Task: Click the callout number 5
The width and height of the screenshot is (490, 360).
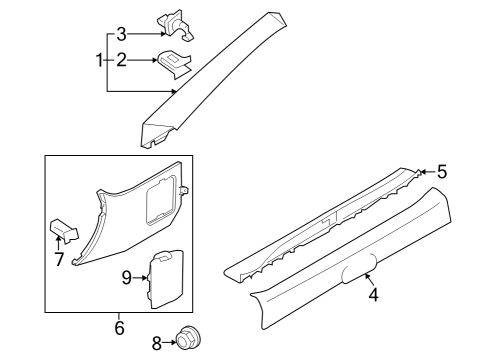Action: (442, 171)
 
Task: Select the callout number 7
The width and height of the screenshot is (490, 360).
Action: (58, 260)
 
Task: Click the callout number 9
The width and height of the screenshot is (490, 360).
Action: (127, 277)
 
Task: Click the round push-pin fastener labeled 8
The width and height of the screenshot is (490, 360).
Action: (184, 342)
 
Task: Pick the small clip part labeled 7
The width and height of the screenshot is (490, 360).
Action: (62, 232)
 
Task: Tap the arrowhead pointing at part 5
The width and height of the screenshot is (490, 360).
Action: (423, 171)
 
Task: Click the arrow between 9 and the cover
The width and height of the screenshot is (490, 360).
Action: (141, 277)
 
